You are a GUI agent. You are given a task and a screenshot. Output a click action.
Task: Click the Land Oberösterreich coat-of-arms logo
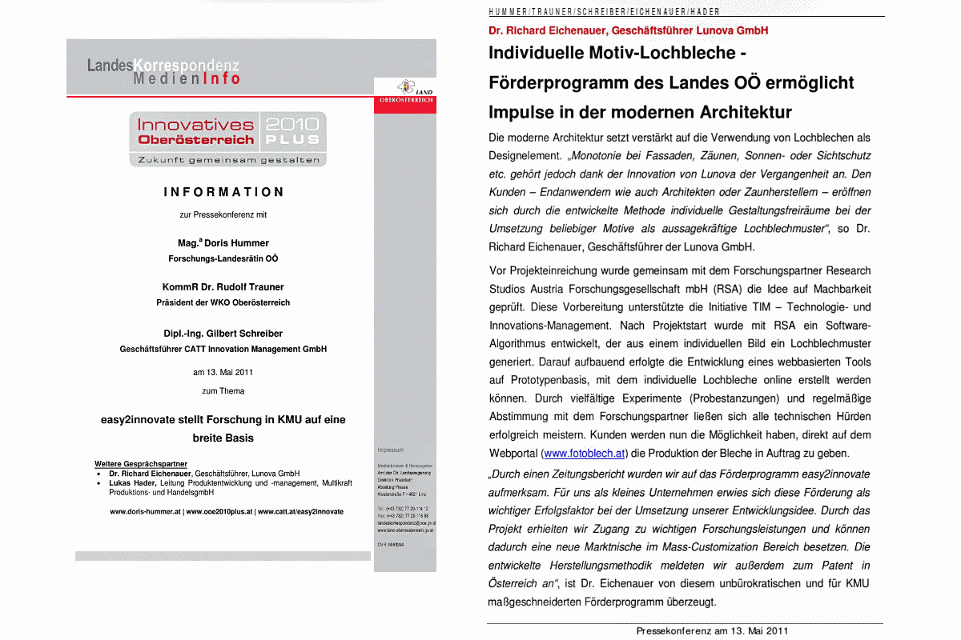click(406, 87)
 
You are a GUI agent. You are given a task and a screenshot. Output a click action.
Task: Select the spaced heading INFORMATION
click(223, 192)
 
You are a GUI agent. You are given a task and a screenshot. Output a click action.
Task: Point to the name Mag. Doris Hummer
click(223, 243)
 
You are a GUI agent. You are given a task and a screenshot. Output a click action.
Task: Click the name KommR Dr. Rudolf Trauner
click(223, 287)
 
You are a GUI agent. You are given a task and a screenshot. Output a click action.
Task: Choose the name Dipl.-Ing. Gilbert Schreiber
click(223, 334)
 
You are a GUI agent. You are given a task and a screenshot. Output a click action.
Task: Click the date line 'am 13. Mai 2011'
click(223, 372)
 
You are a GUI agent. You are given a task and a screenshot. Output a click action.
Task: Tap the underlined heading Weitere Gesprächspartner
click(141, 464)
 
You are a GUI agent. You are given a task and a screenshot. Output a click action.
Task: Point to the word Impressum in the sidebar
click(391, 450)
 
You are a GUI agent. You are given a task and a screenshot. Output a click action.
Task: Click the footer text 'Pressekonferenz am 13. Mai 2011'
click(713, 631)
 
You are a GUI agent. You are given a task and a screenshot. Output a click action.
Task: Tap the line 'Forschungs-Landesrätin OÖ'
click(223, 258)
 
